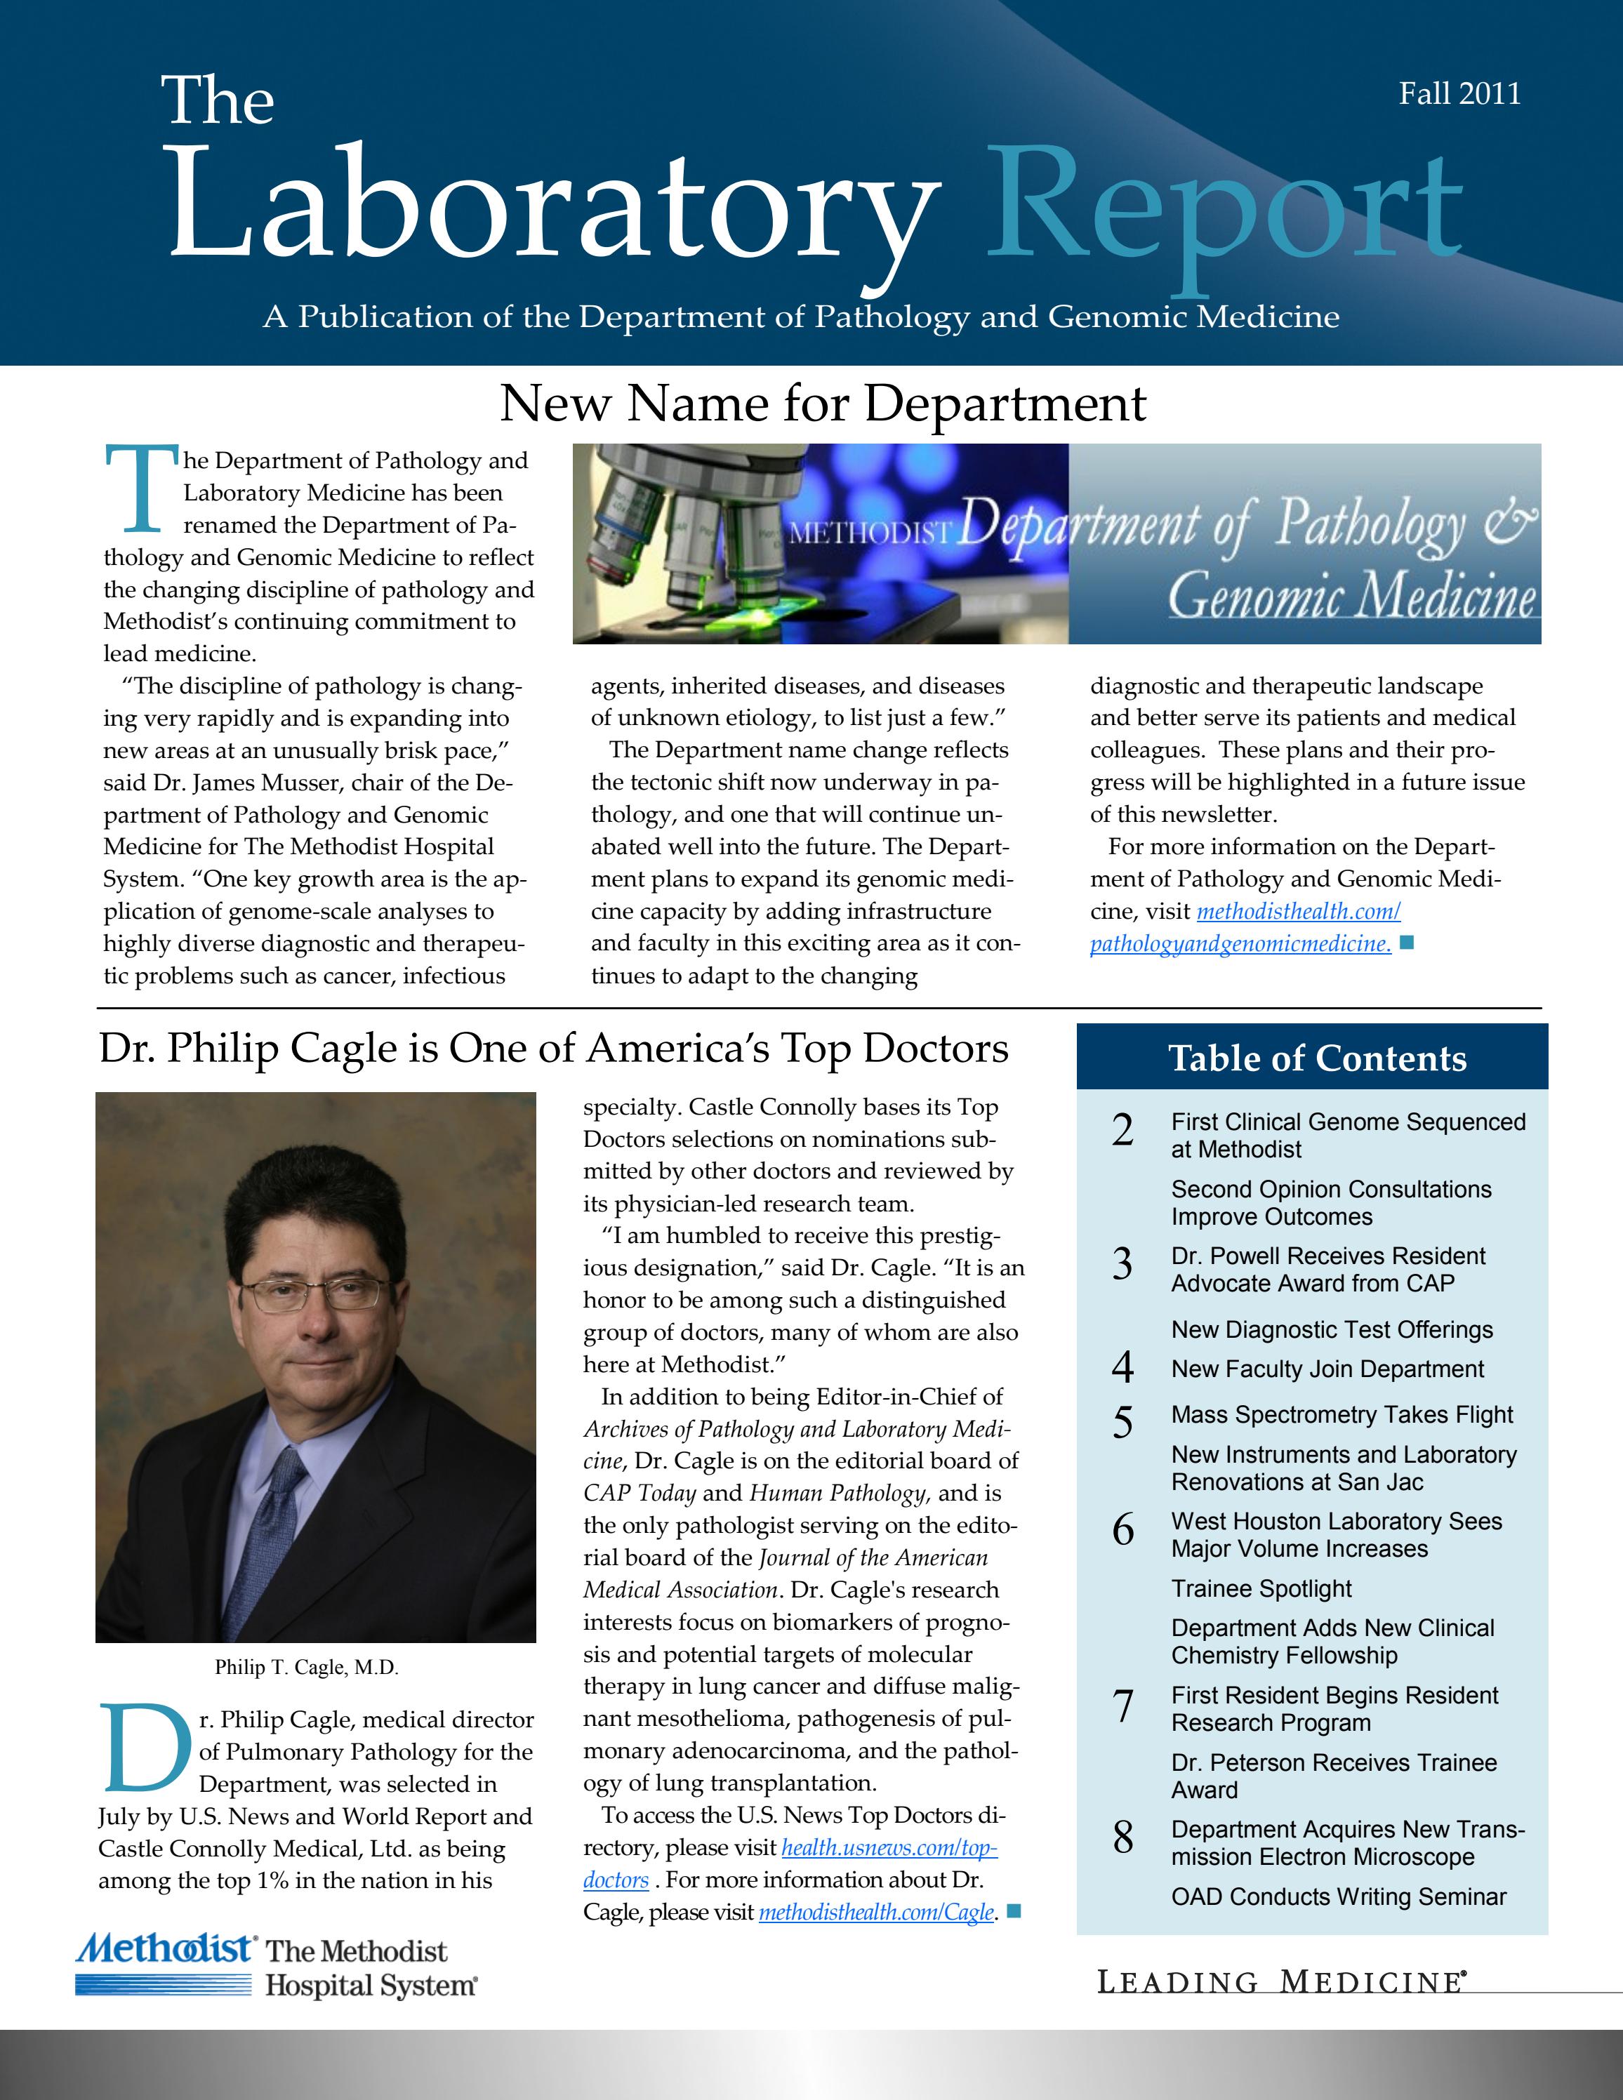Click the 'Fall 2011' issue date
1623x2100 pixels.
pyautogui.click(x=1459, y=93)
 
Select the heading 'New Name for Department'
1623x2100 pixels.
pyautogui.click(x=822, y=403)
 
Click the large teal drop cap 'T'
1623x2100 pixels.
pyautogui.click(x=141, y=488)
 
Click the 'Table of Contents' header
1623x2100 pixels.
pyautogui.click(x=1316, y=1058)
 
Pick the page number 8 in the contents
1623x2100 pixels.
pyautogui.click(x=1123, y=1837)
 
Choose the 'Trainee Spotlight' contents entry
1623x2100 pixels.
pyautogui.click(x=1261, y=1588)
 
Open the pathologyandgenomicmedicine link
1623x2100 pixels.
pyautogui.click(x=1240, y=944)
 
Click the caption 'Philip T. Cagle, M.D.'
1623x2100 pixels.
pyautogui.click(x=306, y=1666)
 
